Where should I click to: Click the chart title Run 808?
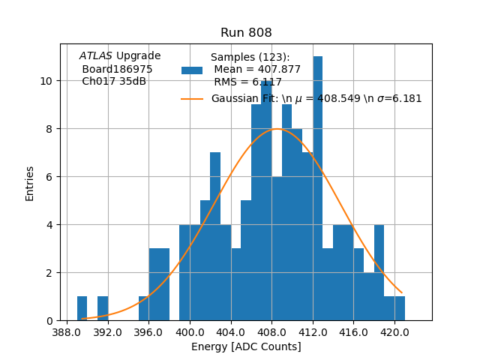[246, 33]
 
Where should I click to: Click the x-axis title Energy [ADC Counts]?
[246, 346]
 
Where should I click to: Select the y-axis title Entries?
[30, 182]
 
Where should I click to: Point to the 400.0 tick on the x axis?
[190, 321]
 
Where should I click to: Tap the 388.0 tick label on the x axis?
[67, 331]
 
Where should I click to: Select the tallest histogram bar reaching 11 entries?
[318, 187]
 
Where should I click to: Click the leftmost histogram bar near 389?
[82, 308]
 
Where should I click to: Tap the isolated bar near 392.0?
[103, 308]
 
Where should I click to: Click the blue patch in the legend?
[192, 70]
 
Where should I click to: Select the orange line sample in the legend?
[192, 99]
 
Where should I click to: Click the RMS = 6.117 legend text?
[247, 82]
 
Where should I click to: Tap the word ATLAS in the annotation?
[96, 56]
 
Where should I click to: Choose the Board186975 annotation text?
[117, 69]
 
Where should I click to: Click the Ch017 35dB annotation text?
[114, 82]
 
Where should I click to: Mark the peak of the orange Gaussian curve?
[277, 129]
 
